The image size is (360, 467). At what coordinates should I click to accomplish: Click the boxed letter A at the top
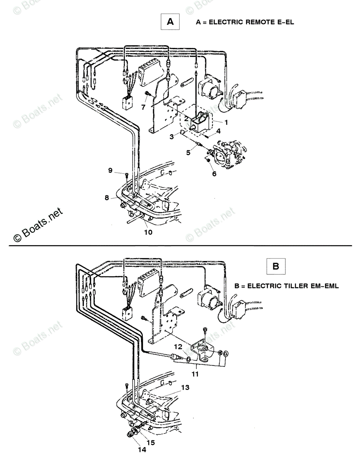(x=170, y=22)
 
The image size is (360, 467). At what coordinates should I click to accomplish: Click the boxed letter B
(x=276, y=266)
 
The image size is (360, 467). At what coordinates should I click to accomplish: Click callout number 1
(x=226, y=122)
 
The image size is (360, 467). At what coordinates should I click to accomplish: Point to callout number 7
(x=143, y=107)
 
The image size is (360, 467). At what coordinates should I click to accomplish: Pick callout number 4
(x=218, y=131)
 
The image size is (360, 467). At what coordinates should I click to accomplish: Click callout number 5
(x=188, y=153)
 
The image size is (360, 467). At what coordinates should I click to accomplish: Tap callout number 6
(x=214, y=174)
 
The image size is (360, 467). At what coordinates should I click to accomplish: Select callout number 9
(x=110, y=170)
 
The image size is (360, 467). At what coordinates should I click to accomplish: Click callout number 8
(x=107, y=198)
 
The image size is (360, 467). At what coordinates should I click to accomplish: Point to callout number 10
(x=149, y=232)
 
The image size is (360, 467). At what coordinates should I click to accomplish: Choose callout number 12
(x=178, y=346)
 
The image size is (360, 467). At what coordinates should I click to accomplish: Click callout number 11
(x=195, y=374)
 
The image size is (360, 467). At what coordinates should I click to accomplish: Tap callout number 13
(x=185, y=388)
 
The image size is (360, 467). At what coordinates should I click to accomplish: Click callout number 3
(x=171, y=137)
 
